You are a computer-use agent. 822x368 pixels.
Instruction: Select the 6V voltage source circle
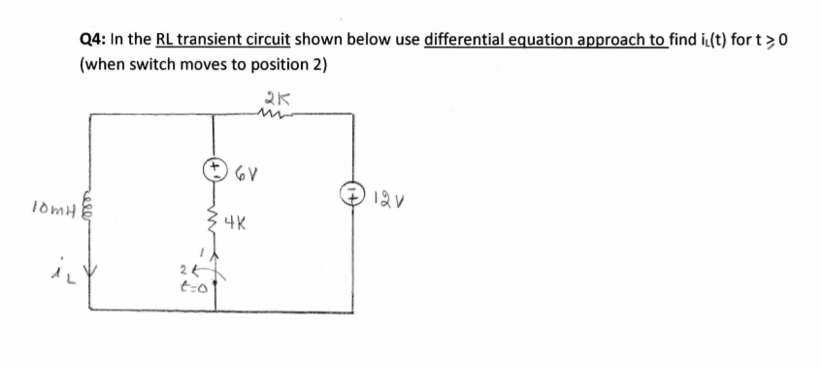[x=214, y=168]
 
